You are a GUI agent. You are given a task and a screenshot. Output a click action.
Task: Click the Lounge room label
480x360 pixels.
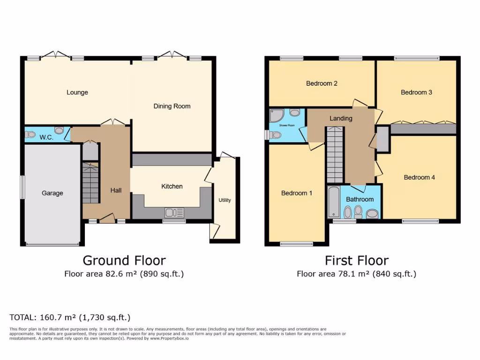(77, 92)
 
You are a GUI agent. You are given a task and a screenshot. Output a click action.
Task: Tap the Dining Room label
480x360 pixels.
(172, 106)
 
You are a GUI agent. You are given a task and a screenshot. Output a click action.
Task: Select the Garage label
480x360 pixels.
(52, 193)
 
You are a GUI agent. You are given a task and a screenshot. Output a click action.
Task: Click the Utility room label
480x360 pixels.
(225, 200)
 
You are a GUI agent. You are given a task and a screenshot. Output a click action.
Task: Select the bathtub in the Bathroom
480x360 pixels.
(333, 202)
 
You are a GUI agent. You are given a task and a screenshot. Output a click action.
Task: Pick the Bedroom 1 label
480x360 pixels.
(296, 193)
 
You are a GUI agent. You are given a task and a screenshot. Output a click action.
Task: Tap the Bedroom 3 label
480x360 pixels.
(416, 92)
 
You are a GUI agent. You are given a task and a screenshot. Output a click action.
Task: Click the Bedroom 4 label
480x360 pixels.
(419, 177)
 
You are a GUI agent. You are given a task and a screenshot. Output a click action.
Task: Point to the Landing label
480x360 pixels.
(341, 118)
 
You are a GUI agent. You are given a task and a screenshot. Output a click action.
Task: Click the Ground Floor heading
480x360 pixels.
(124, 260)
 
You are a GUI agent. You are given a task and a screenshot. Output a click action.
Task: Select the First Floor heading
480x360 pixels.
(356, 260)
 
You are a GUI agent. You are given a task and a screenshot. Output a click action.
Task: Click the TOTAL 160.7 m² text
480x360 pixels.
(70, 317)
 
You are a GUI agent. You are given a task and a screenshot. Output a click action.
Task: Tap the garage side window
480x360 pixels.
(22, 187)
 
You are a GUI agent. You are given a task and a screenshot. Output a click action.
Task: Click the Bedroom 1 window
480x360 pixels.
(296, 244)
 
